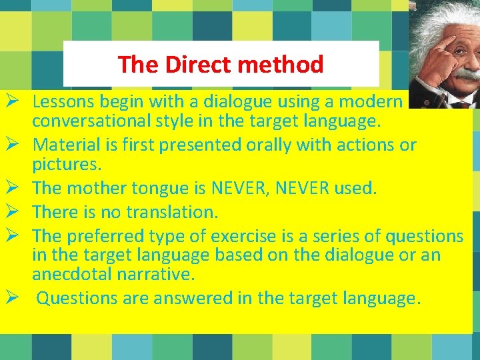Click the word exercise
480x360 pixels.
coord(243,235)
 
